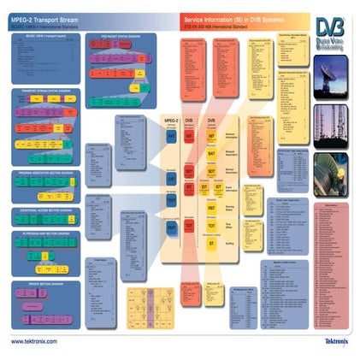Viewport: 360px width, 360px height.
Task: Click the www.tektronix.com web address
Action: (34, 341)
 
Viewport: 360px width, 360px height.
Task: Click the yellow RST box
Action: (211, 207)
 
